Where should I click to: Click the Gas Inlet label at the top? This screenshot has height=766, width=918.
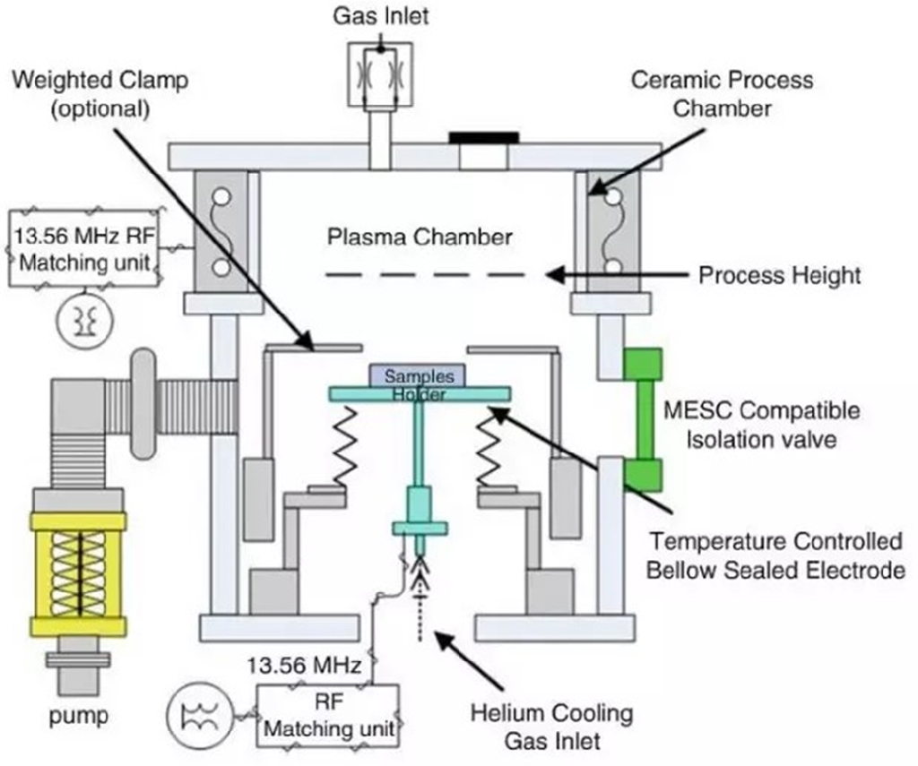click(x=381, y=15)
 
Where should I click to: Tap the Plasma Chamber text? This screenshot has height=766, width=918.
click(x=420, y=237)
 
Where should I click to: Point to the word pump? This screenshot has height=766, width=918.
click(x=79, y=716)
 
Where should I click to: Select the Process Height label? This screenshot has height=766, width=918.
click(x=779, y=275)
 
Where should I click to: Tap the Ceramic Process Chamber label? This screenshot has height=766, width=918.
click(x=722, y=93)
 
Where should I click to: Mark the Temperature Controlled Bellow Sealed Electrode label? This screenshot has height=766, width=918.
click(x=776, y=555)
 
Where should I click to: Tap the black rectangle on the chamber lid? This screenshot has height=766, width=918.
click(x=484, y=137)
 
